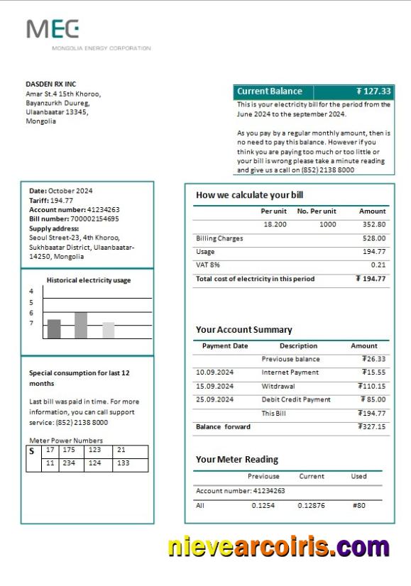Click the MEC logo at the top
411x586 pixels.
(x=53, y=29)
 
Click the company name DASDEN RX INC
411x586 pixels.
(x=50, y=84)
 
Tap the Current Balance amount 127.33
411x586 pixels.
(x=373, y=92)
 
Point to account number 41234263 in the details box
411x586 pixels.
(x=104, y=210)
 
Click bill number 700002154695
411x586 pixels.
(x=99, y=219)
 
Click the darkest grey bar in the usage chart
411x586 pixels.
(x=54, y=328)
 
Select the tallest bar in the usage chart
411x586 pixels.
(x=81, y=325)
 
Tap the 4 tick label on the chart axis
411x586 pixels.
(x=31, y=292)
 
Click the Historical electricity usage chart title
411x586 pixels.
(x=89, y=280)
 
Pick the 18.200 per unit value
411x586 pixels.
(x=275, y=224)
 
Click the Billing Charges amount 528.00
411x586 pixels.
(x=374, y=238)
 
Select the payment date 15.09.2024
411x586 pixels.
(x=214, y=386)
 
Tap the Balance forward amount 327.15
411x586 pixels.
(x=373, y=427)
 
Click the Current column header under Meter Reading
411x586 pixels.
(x=312, y=477)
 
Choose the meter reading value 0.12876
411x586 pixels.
(x=311, y=506)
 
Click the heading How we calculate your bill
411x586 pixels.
(x=249, y=195)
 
